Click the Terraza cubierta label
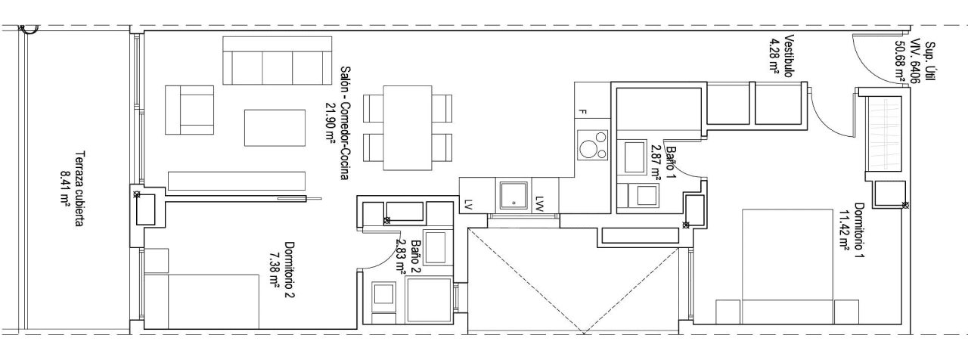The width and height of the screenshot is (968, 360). tap(80, 189)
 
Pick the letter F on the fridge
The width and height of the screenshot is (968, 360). tap(582, 113)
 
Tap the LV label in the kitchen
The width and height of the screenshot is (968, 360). tap(467, 204)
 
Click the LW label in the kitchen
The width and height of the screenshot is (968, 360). tap(539, 203)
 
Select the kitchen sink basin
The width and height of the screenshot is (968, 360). tap(513, 196)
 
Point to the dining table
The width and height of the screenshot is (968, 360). tap(408, 128)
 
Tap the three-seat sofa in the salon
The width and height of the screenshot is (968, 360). tap(278, 60)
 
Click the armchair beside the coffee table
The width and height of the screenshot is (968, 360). tap(189, 110)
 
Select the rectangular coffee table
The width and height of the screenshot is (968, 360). tap(275, 128)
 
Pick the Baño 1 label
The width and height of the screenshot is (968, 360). tap(671, 161)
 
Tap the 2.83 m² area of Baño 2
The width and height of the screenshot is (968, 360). tap(399, 256)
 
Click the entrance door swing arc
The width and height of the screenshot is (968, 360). tap(870, 66)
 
